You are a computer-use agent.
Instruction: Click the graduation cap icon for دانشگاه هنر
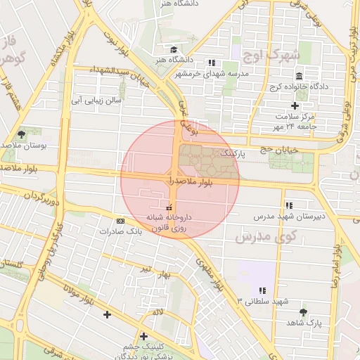click(174, 51)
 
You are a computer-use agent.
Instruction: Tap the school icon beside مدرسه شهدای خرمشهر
click(212, 63)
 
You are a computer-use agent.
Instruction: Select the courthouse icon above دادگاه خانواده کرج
click(300, 76)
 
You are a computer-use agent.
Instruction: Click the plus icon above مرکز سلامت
click(295, 105)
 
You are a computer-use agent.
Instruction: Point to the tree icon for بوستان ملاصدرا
click(22, 134)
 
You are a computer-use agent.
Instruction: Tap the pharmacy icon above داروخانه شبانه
click(169, 207)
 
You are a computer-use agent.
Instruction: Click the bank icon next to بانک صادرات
click(120, 221)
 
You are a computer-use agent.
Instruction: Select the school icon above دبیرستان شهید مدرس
click(288, 205)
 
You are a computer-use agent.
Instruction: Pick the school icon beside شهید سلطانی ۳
click(262, 290)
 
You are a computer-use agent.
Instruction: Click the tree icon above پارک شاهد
click(303, 311)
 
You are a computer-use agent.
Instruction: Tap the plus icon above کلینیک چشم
click(143, 336)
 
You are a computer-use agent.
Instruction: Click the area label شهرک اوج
click(271, 53)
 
